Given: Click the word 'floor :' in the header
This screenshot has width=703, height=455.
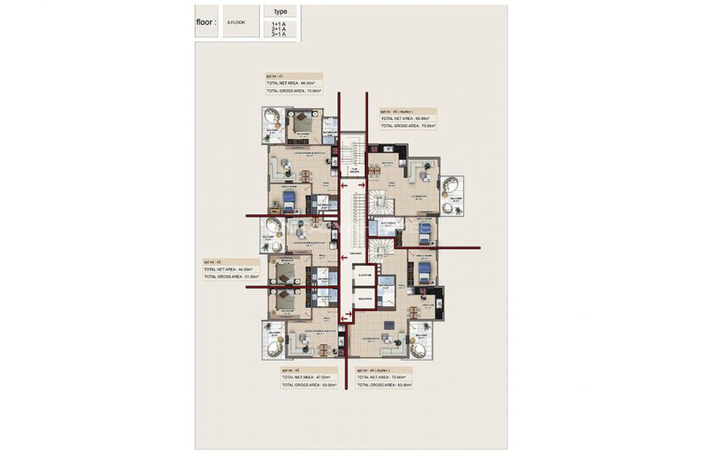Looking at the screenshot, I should click(206, 22).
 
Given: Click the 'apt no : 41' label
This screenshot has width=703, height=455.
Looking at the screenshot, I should click(275, 76).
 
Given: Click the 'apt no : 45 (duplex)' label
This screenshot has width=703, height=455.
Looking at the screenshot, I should click(397, 111).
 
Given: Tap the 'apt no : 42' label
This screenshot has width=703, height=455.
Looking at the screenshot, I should click(213, 261).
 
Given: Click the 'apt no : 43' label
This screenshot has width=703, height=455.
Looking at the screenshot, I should click(291, 371).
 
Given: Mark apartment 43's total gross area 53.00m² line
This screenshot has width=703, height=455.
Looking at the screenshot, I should click(308, 386).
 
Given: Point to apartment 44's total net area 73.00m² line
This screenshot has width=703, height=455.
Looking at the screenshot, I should click(385, 378).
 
